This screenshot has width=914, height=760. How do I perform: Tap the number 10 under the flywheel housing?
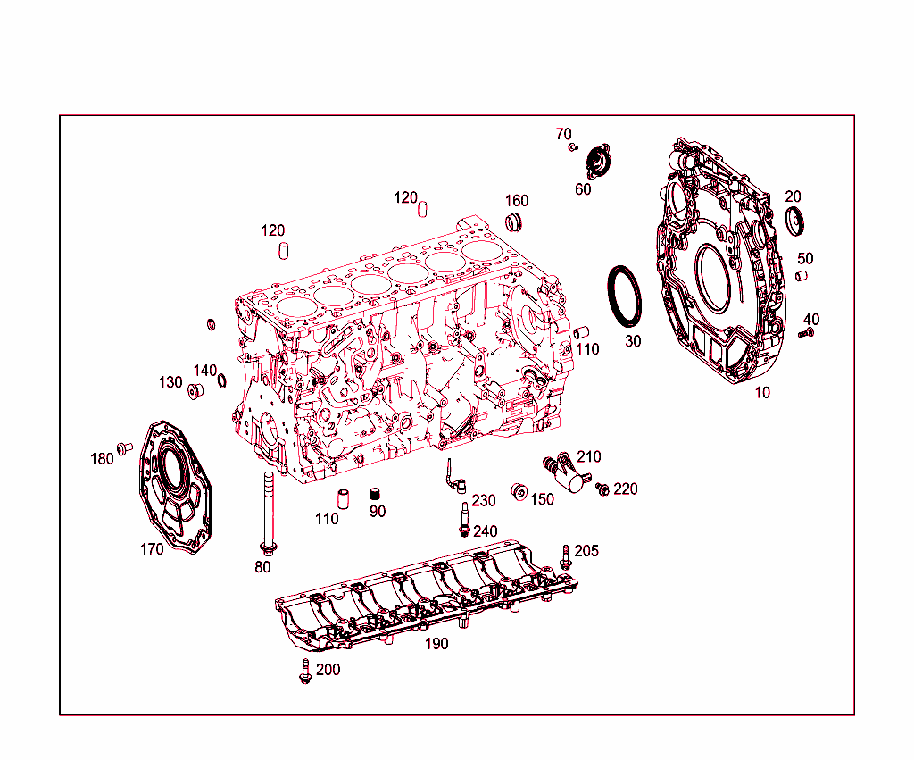(761, 392)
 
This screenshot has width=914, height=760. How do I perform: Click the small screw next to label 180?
(124, 447)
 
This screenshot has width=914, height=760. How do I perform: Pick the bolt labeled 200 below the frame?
(305, 672)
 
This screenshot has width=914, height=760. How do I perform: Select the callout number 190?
(436, 644)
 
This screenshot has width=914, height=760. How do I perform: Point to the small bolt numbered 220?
(603, 489)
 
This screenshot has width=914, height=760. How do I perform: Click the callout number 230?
(484, 500)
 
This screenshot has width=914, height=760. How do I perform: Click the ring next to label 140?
(220, 383)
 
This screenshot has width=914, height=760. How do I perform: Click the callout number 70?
(563, 134)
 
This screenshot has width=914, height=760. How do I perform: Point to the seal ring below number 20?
(793, 219)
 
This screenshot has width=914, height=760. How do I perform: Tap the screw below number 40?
(806, 333)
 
